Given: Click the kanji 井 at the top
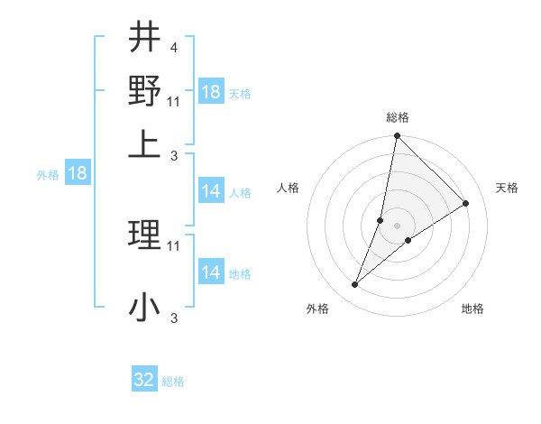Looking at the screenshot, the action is (x=143, y=39).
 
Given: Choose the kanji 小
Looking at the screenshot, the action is (x=143, y=307).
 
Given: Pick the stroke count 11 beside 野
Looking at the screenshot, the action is (x=174, y=99).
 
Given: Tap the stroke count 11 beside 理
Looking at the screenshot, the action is (x=174, y=244).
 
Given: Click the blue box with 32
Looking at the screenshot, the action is (x=144, y=380).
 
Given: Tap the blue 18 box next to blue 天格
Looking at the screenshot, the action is (x=210, y=92).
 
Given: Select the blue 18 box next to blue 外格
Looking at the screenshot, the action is (x=78, y=174).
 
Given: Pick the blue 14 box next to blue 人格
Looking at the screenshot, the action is (x=210, y=191).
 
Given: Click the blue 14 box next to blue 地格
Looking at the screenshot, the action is (x=210, y=272).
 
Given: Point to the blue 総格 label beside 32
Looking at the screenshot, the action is (x=173, y=382).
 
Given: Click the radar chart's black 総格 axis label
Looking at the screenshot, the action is (x=397, y=118).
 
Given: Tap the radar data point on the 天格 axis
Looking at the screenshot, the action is (x=466, y=204).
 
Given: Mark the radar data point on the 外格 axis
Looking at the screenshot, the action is (x=354, y=285).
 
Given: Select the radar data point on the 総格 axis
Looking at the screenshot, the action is (x=397, y=136).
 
